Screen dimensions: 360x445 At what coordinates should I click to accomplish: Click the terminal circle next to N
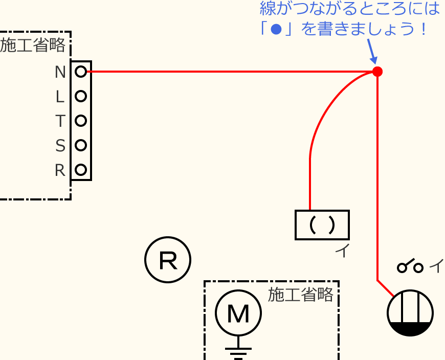click(x=80, y=72)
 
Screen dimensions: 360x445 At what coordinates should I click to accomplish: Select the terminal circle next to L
click(x=80, y=96)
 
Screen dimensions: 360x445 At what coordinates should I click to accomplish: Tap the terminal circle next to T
click(x=80, y=121)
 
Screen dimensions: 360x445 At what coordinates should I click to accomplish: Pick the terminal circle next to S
click(x=80, y=145)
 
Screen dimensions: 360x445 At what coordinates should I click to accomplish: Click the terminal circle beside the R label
click(x=80, y=169)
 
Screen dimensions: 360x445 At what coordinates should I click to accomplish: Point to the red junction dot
click(x=377, y=72)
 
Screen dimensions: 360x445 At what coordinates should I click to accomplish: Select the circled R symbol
click(x=168, y=260)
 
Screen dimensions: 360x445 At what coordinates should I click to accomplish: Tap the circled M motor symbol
click(x=238, y=313)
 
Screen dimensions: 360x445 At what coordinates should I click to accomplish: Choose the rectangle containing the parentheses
click(x=322, y=225)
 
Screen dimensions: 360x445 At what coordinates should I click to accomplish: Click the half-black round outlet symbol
click(x=410, y=313)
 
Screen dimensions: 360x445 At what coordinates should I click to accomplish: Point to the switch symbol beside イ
click(x=410, y=267)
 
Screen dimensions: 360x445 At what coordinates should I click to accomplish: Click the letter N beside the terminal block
click(x=60, y=72)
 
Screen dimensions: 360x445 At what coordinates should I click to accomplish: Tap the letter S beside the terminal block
click(x=60, y=146)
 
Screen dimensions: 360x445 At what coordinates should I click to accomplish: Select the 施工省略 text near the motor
click(x=301, y=295)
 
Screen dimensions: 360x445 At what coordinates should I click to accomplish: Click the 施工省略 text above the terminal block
click(x=33, y=46)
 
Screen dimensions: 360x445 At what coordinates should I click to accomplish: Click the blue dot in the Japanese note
click(x=276, y=29)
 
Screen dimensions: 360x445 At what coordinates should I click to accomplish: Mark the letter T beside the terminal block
click(x=60, y=121)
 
